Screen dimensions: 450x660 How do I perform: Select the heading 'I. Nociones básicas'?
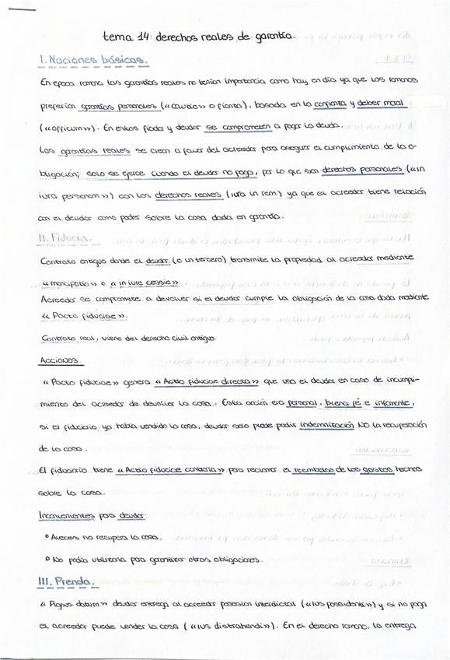pyautogui.click(x=94, y=59)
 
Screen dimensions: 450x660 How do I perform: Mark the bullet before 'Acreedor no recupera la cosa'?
pyautogui.click(x=47, y=536)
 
